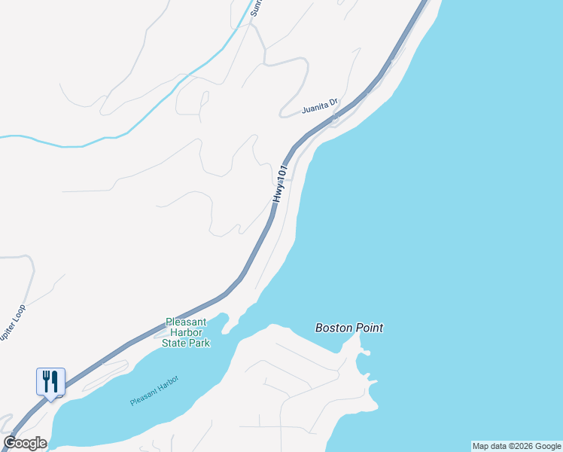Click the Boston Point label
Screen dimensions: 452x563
tap(348, 328)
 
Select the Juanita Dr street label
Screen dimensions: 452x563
tap(320, 106)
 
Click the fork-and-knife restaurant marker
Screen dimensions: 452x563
tap(50, 382)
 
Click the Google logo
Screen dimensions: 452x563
tap(25, 443)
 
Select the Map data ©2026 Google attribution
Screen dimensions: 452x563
tap(517, 446)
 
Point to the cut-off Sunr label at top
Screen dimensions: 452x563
tap(256, 8)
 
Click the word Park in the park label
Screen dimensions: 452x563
tap(199, 343)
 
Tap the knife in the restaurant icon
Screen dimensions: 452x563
tap(55, 381)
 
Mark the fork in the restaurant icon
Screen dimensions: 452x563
tap(46, 381)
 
